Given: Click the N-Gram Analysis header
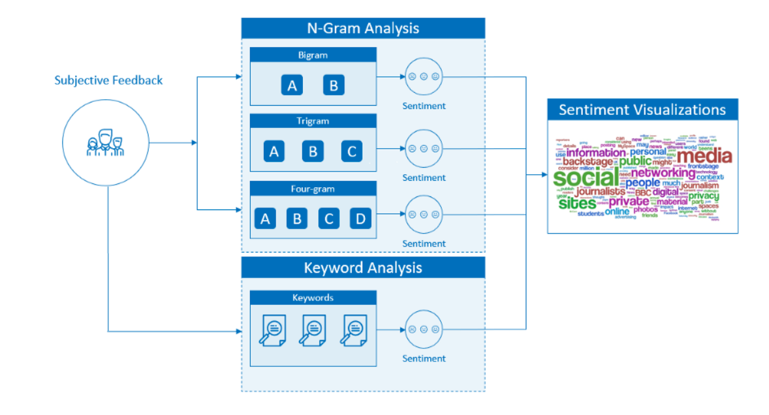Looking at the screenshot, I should tap(363, 28).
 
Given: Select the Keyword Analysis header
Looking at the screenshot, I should tap(363, 268).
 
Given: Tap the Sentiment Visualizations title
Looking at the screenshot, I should tap(642, 110).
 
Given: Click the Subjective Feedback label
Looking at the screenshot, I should tap(108, 80).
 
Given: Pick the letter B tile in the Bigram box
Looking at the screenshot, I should tap(334, 85).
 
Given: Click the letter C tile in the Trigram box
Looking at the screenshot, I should tap(351, 151).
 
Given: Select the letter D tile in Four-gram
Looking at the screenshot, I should tap(360, 219).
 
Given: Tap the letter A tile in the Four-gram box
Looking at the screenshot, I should tap(265, 219).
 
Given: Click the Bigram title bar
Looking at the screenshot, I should tap(313, 55).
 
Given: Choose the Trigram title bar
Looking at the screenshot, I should tap(313, 121).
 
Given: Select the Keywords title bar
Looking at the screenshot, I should tap(313, 298).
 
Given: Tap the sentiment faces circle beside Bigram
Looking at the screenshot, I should tap(424, 76).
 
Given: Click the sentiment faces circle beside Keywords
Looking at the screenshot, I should tap(424, 330).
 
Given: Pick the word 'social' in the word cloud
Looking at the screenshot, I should tap(585, 178).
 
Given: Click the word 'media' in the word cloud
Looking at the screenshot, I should tap(704, 157).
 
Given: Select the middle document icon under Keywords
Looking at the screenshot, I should tap(313, 330).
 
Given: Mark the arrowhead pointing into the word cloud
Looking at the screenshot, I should tap(543, 175).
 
